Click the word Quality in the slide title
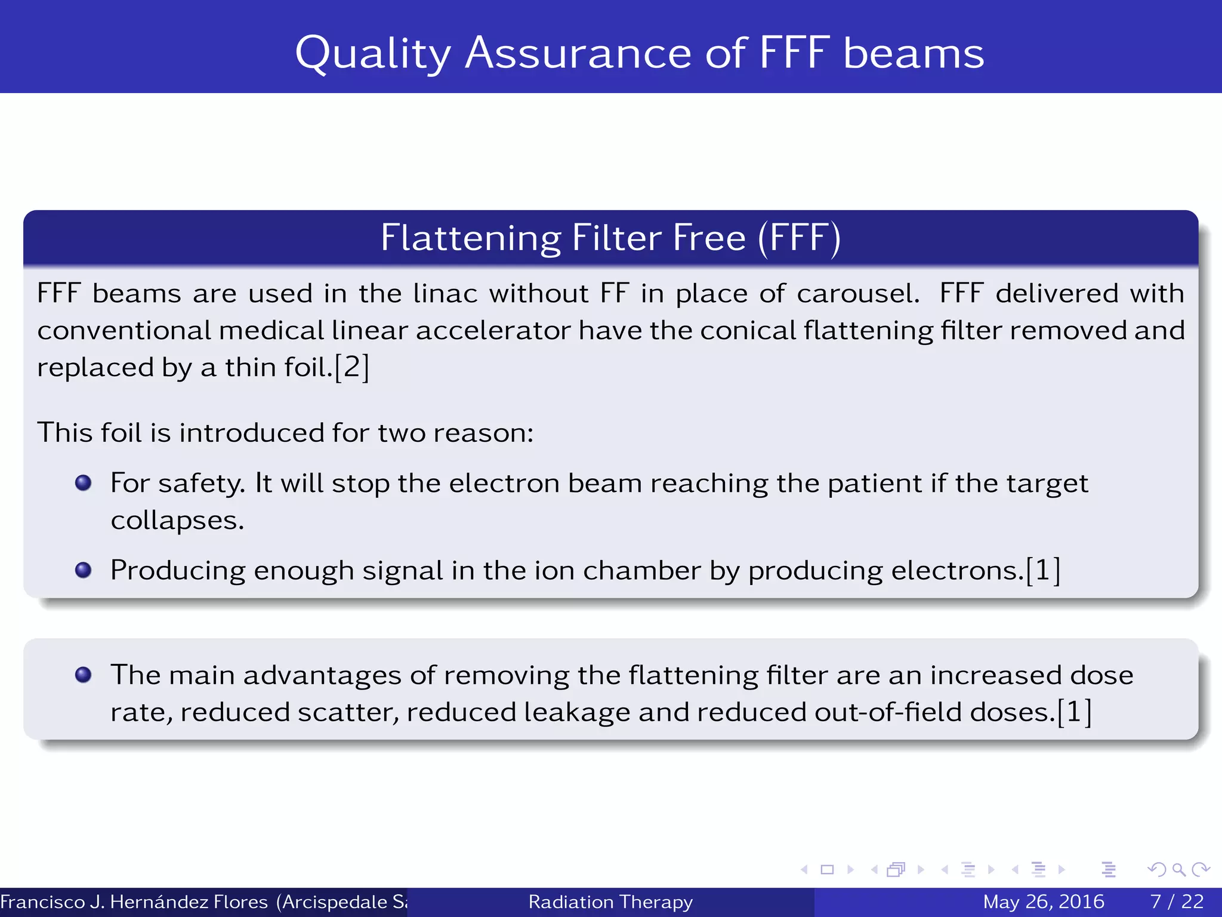(x=373, y=54)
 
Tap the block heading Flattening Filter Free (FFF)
(x=610, y=238)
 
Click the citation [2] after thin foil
(x=352, y=367)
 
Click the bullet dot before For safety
(x=84, y=482)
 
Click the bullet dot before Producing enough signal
(x=84, y=570)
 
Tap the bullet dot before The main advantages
(x=84, y=675)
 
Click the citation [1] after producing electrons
(x=1043, y=570)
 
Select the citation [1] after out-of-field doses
(x=1074, y=712)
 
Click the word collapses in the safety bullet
(x=177, y=521)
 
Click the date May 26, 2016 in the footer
(x=1043, y=901)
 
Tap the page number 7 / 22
(x=1177, y=901)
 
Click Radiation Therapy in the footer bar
(x=610, y=901)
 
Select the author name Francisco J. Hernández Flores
(x=134, y=901)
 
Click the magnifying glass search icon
(x=1178, y=869)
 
